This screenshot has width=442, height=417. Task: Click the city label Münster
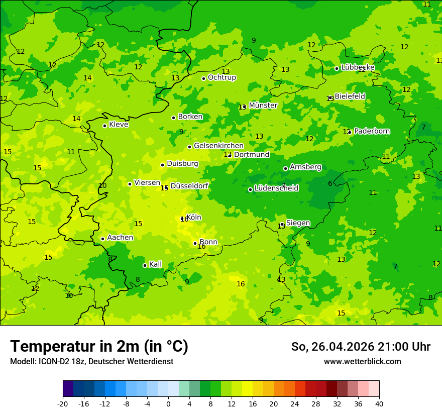point(263,106)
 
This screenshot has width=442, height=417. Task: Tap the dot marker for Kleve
point(104,126)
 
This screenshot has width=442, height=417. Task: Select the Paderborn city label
point(372,131)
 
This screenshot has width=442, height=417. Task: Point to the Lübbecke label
point(358,67)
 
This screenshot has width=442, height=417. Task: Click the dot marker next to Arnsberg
point(285,168)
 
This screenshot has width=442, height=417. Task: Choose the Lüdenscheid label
point(276,188)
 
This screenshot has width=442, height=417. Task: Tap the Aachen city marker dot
point(102,239)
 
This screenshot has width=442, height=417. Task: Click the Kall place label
point(155,264)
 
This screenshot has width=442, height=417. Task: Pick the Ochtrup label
point(222,77)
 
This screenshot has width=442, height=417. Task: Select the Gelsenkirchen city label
point(218,146)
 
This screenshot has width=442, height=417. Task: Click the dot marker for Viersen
point(130,184)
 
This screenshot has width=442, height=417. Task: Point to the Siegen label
point(298,223)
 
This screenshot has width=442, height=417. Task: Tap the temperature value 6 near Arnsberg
point(330,183)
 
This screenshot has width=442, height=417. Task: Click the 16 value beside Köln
point(184,219)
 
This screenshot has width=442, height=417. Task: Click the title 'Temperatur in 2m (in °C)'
point(99,347)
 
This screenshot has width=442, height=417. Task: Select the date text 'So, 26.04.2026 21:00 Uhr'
point(361,347)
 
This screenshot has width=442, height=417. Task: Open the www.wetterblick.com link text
point(362,362)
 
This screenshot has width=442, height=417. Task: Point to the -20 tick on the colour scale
point(63,403)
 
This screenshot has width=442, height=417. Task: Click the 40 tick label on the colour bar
point(379,403)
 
